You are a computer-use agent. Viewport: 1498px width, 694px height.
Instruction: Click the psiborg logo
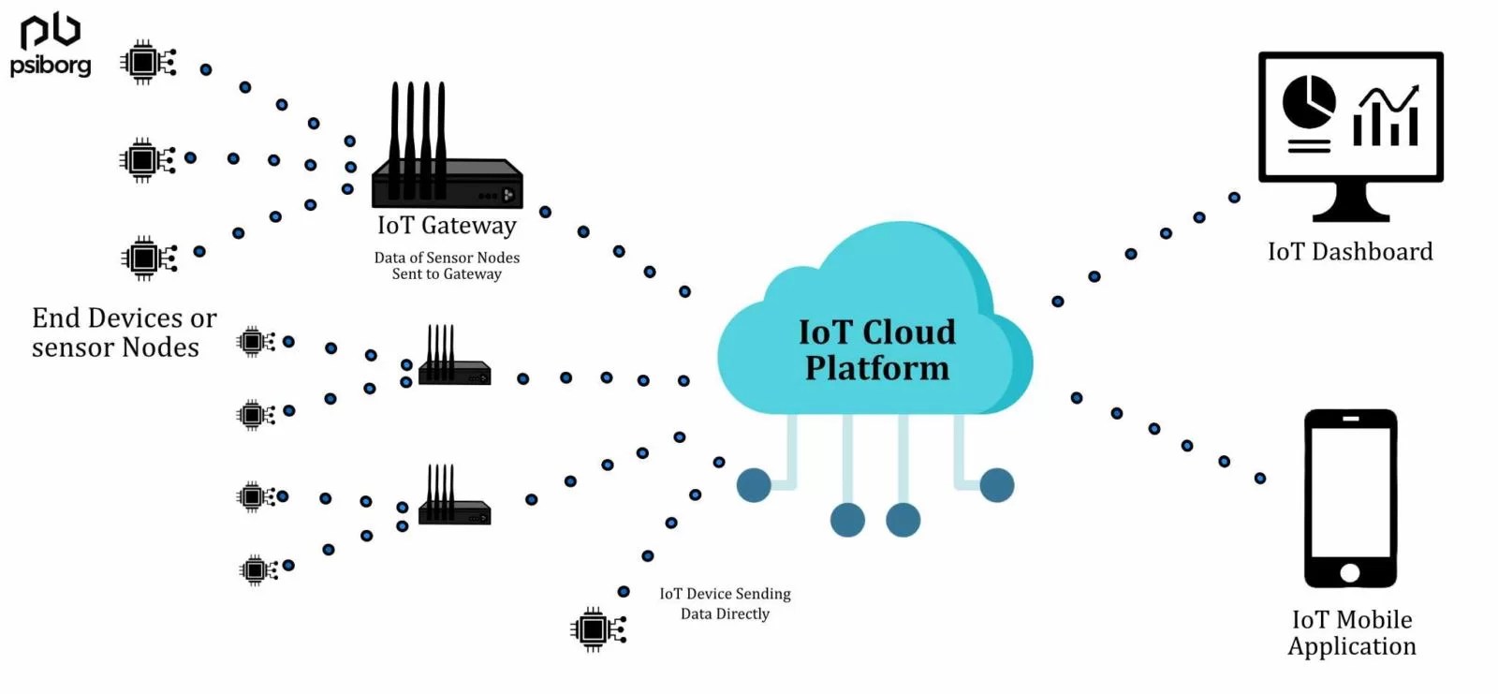[51, 45]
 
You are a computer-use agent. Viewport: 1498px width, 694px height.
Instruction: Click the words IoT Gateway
[447, 226]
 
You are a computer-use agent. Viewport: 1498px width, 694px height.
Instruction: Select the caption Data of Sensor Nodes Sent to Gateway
[447, 265]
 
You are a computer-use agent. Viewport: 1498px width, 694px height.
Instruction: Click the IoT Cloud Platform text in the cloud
[877, 349]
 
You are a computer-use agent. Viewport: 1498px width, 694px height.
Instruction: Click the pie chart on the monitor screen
[1308, 101]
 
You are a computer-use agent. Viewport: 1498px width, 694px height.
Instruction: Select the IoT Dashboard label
[1350, 252]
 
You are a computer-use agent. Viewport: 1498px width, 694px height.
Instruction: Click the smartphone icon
[1350, 497]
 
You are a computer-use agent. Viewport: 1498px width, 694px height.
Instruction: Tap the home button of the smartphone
[1350, 572]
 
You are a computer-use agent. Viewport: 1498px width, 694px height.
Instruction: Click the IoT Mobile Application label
[1352, 633]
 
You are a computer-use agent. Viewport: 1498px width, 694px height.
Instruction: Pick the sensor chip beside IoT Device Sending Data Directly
[596, 629]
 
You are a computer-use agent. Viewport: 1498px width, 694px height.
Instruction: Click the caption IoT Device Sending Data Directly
[725, 604]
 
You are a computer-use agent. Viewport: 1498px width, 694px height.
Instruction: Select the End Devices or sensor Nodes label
[123, 332]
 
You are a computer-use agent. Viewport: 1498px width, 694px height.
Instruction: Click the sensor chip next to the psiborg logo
[147, 63]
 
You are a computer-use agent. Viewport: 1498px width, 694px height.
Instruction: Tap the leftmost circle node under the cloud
[754, 485]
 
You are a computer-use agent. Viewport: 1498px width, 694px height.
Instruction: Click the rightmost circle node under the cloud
[997, 485]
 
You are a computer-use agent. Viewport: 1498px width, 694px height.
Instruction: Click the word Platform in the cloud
[877, 368]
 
